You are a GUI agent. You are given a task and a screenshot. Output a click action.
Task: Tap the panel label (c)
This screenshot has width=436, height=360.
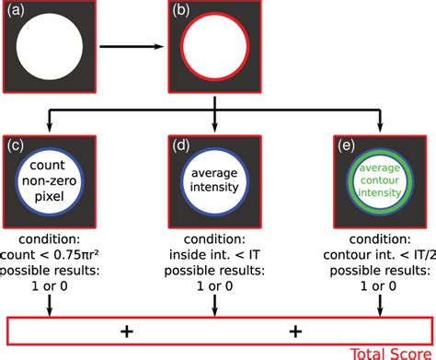17,145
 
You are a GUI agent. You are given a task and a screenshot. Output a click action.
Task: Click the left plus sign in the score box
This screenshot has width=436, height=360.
136,329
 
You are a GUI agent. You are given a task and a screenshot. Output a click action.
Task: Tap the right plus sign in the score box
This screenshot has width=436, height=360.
296,329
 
